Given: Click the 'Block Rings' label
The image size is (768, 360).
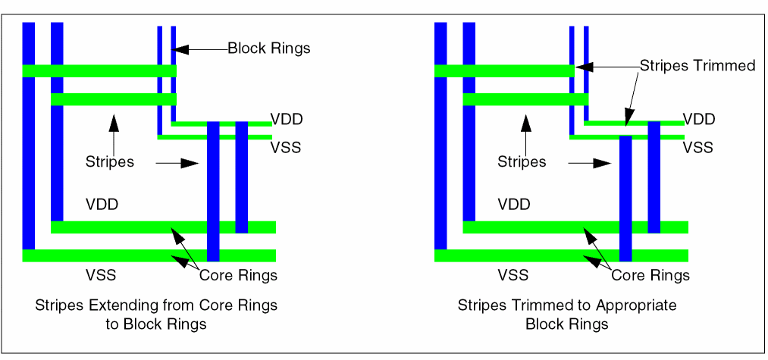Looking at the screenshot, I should [x=269, y=49].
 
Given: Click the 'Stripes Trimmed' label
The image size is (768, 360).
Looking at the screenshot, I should [x=697, y=66].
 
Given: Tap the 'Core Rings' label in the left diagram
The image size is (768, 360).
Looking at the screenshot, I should [x=238, y=275].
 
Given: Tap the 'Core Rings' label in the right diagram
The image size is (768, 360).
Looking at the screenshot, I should [x=650, y=275].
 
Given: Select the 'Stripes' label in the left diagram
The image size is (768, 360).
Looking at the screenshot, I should [x=109, y=161].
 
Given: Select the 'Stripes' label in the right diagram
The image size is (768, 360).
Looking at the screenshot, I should [x=522, y=161].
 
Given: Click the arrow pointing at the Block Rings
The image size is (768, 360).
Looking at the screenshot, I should [x=202, y=49].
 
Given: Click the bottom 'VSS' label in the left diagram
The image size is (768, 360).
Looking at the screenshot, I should [x=100, y=274].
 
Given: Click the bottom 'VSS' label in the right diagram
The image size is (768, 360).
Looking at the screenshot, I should [x=513, y=274].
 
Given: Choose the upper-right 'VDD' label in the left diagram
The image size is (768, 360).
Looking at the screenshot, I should [x=287, y=120].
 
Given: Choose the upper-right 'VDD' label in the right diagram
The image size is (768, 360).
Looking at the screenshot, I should [x=698, y=120].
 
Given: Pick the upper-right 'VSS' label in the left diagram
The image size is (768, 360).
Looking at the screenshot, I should [x=286, y=147].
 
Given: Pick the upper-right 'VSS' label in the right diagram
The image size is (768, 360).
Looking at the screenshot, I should [x=698, y=147].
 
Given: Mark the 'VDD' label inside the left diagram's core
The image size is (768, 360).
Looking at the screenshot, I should [x=102, y=205].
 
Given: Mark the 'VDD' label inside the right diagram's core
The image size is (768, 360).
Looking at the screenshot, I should [x=513, y=205].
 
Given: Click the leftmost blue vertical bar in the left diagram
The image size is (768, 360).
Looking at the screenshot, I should [x=29, y=136].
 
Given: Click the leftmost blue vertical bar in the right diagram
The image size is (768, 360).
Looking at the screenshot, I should [x=440, y=136].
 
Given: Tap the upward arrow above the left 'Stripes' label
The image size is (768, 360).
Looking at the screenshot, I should [x=112, y=133].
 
